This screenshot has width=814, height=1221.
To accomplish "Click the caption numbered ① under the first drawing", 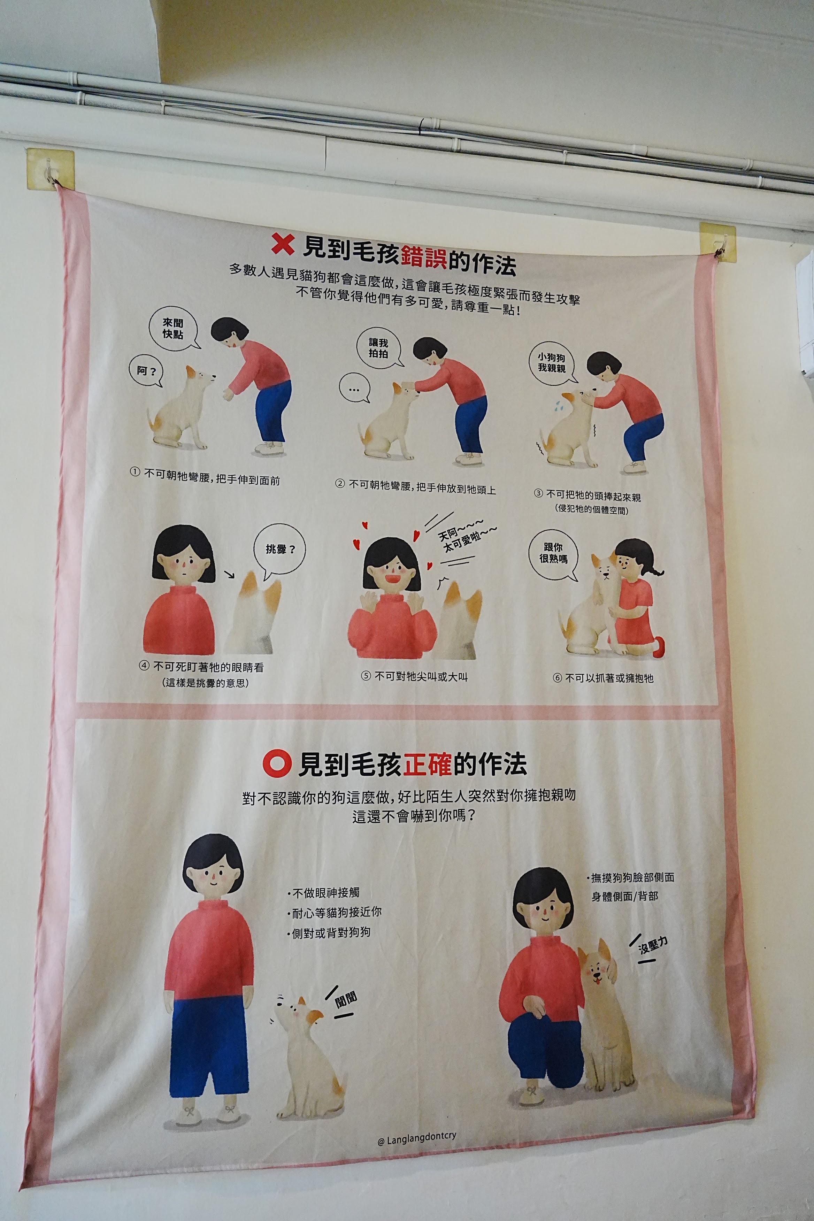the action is (205, 477).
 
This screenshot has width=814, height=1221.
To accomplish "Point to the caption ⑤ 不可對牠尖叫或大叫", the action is (414, 676).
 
